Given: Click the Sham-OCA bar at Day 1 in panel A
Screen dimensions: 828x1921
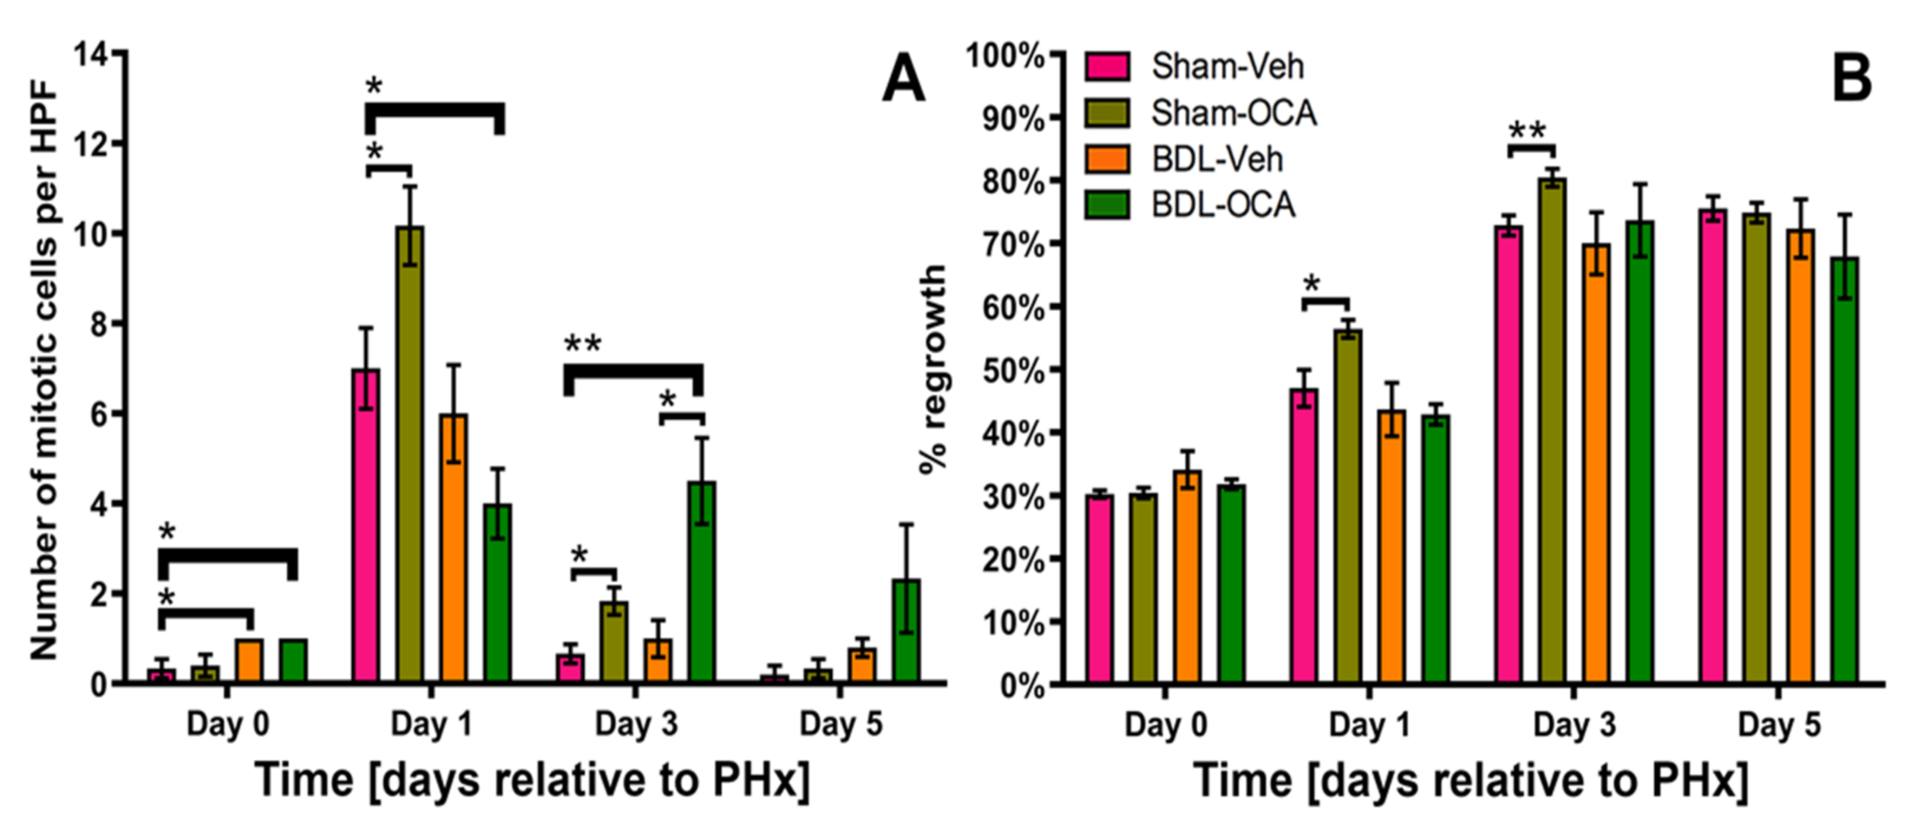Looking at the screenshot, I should pyautogui.click(x=410, y=455).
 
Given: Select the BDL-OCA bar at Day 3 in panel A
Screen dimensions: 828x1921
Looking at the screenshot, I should pyautogui.click(x=702, y=581).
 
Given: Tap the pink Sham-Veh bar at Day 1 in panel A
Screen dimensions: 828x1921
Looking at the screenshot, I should pyautogui.click(x=365, y=525).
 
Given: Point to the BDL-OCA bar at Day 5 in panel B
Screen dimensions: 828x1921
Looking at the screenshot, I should pyautogui.click(x=1844, y=470).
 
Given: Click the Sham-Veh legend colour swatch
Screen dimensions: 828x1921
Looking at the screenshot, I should pyautogui.click(x=1107, y=66).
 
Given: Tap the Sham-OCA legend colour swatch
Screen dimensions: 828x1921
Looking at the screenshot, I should pyautogui.click(x=1107, y=113).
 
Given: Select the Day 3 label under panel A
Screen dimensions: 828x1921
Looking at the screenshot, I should pyautogui.click(x=636, y=724).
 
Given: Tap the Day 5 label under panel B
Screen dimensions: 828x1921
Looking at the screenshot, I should pyautogui.click(x=1779, y=724).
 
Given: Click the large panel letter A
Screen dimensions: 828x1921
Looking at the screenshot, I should pyautogui.click(x=903, y=79).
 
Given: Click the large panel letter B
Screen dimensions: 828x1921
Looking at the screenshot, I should pyautogui.click(x=1851, y=79).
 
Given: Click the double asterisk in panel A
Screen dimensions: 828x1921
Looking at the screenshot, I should pyautogui.click(x=582, y=344).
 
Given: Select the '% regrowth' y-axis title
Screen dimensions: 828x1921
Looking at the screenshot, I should pyautogui.click(x=933, y=369).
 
